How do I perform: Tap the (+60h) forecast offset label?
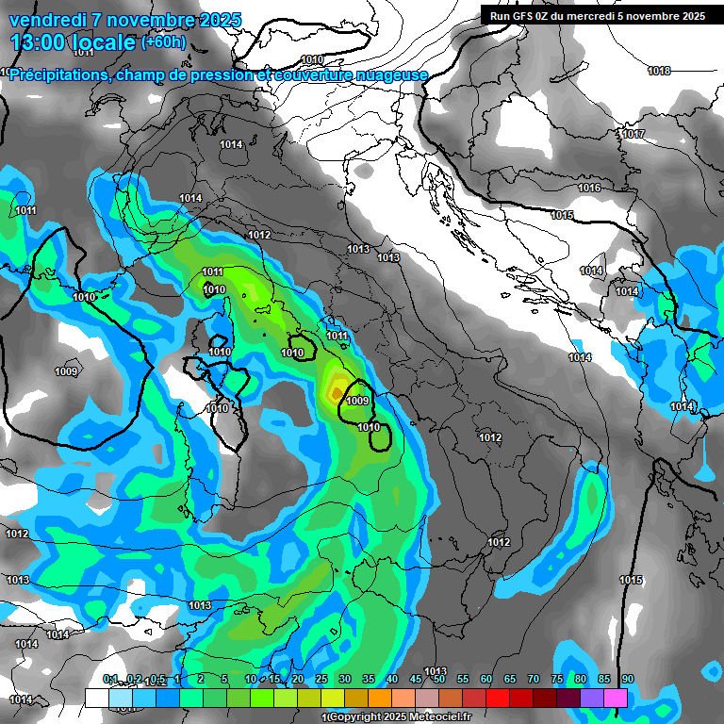click(x=163, y=42)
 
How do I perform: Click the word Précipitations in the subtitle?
click(x=57, y=75)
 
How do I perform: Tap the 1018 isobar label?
click(x=659, y=72)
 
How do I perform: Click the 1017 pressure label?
click(x=633, y=135)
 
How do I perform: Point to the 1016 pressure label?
click(x=589, y=189)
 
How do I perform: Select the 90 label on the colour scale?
click(x=627, y=680)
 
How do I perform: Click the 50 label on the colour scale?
click(x=439, y=680)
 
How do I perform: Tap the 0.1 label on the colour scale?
click(x=110, y=680)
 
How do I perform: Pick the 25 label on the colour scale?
click(x=321, y=680)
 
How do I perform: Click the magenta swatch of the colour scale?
click(x=616, y=698)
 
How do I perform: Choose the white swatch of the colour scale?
click(x=96, y=698)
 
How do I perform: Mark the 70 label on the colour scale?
click(x=534, y=680)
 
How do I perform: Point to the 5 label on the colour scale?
click(x=224, y=680)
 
